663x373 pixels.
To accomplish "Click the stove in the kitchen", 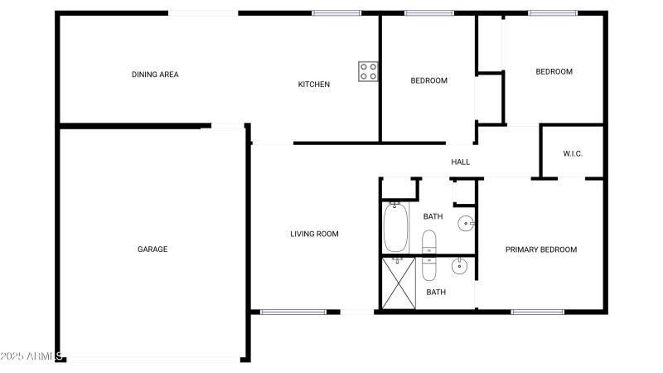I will [369, 71].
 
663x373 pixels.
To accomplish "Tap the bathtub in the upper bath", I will [395, 227].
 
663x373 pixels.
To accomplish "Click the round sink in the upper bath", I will [467, 222].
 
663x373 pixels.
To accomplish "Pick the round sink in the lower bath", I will [460, 266].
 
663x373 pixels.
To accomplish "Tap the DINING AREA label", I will [155, 75].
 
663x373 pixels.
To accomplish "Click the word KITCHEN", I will [314, 84].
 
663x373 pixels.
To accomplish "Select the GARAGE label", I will [152, 249].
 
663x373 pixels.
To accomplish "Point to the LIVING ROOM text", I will [314, 234].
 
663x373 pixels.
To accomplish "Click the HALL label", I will [460, 162].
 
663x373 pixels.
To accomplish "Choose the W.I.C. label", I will [573, 153].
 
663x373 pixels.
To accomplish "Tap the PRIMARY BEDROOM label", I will [541, 249].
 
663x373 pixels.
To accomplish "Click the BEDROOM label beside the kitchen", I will [429, 80].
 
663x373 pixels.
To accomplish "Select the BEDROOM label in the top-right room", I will [554, 71].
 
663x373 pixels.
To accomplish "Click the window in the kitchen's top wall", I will [336, 12].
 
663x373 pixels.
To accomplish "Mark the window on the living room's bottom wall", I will [285, 312].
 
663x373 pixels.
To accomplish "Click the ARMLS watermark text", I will [33, 356].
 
